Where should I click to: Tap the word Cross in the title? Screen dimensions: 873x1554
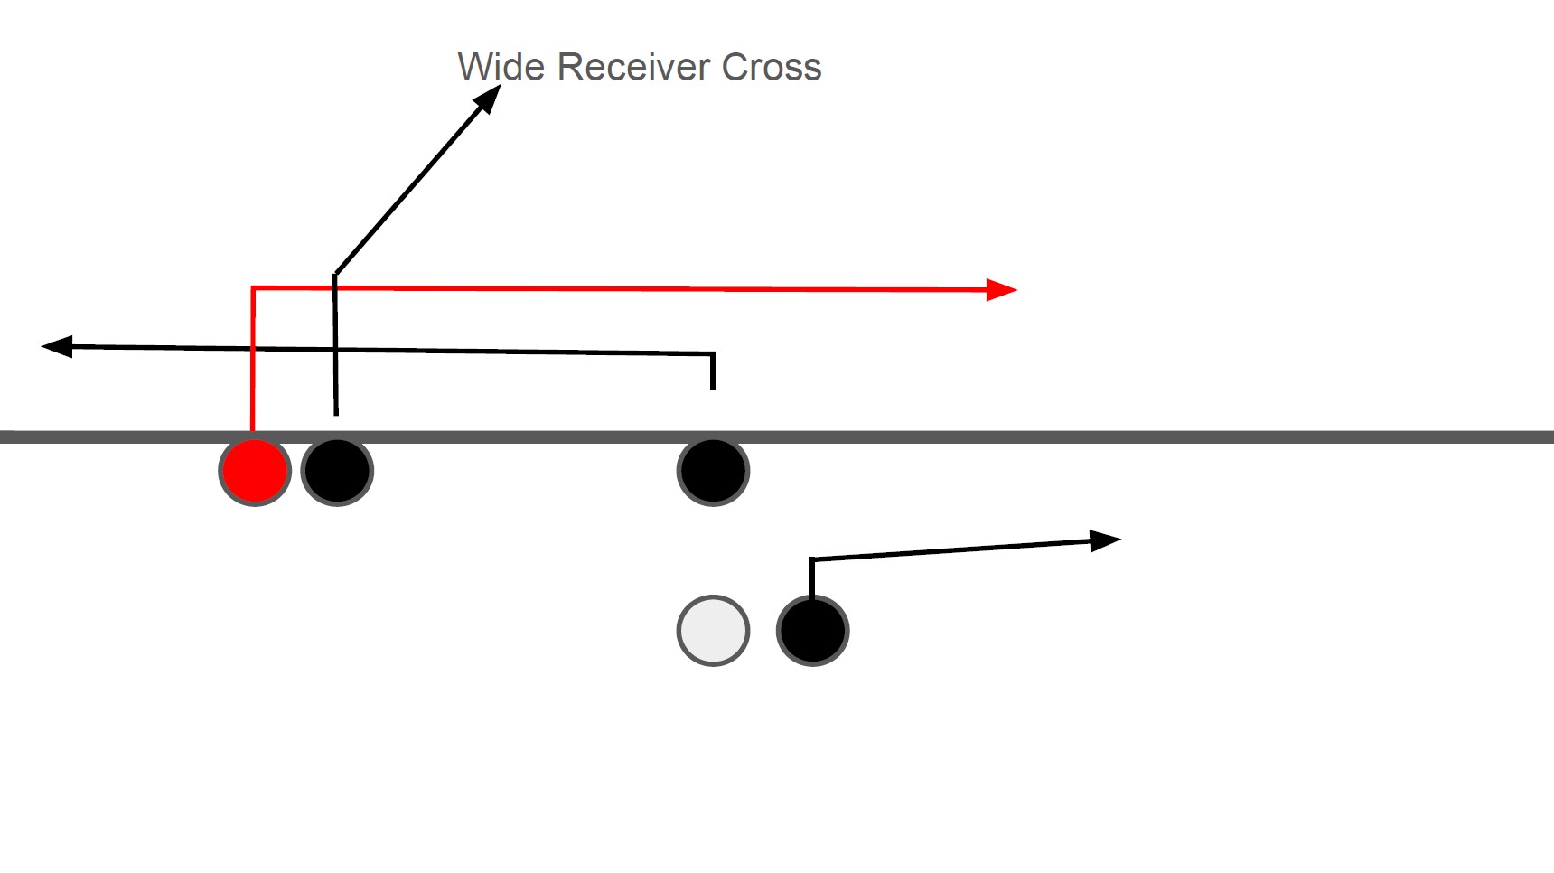(x=772, y=68)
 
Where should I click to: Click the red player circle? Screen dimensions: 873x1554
(x=255, y=471)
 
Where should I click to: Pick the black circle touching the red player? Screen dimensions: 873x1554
(x=337, y=471)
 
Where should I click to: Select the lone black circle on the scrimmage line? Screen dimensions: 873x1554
(x=713, y=471)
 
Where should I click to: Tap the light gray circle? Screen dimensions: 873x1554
(x=713, y=631)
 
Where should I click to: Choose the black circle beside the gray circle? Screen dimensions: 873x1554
(x=812, y=631)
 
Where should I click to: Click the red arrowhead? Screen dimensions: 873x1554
(x=1003, y=290)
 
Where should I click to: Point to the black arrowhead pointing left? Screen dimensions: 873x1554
(x=56, y=346)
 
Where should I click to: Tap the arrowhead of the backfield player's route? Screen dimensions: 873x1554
(x=1106, y=540)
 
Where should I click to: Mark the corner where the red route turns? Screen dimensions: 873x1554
(x=253, y=288)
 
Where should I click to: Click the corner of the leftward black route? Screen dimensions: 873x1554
(x=714, y=354)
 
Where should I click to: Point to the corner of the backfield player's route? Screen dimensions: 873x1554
(x=811, y=560)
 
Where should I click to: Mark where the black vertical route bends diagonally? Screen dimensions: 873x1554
(x=335, y=274)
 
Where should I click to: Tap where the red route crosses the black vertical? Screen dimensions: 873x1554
(x=335, y=288)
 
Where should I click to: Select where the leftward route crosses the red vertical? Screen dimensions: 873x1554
(x=253, y=348)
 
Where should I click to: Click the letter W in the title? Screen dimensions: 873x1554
(x=473, y=68)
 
